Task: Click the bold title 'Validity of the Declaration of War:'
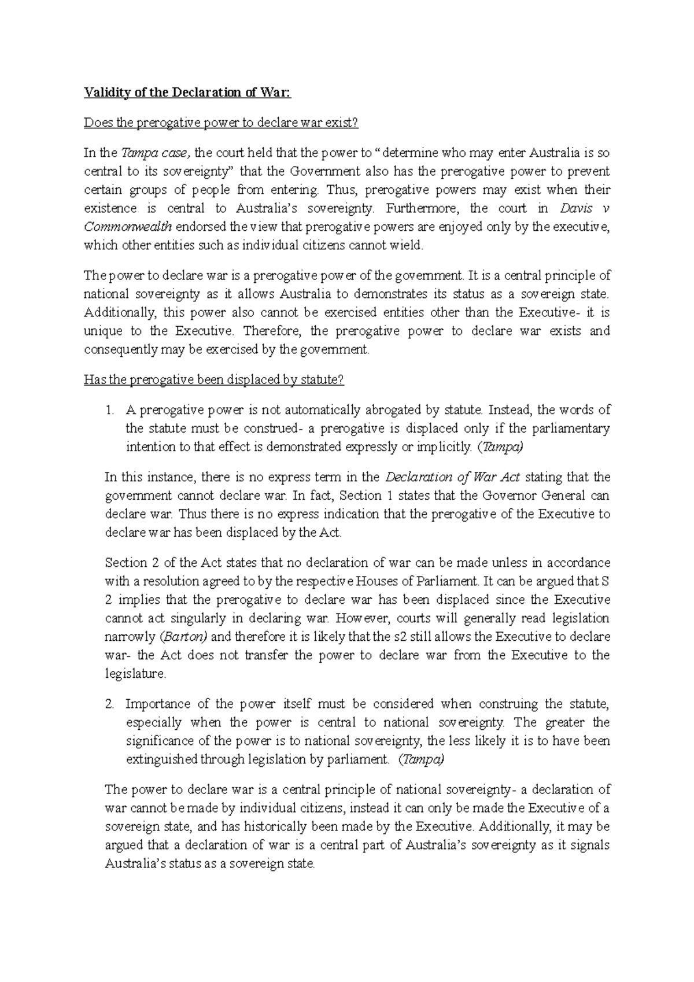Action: point(188,93)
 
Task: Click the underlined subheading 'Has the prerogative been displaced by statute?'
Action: point(214,380)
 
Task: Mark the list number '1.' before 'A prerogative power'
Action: point(110,410)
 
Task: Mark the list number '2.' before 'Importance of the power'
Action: point(110,704)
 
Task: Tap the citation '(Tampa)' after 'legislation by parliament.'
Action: point(421,759)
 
